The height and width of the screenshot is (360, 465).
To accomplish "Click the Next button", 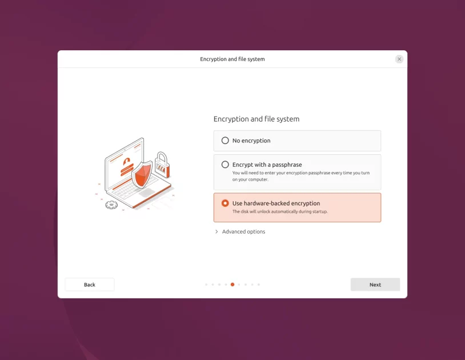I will coord(375,285).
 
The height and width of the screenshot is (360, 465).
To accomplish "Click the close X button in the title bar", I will coord(399,59).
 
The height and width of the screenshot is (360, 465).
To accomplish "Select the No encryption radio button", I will coord(225,141).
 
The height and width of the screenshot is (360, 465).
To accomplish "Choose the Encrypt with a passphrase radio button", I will coord(225,165).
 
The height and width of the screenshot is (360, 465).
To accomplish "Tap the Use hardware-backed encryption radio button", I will coord(225,203).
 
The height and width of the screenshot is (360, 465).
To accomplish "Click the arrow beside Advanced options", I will coord(217,231).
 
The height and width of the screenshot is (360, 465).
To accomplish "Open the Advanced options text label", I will coord(243,231).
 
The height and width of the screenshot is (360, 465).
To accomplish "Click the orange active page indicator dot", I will coord(232,284).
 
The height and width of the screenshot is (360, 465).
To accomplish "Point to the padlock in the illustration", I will coord(162,165).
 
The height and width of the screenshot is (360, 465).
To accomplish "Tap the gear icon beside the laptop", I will coord(111,205).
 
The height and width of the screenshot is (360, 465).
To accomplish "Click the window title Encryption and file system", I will coord(232,59).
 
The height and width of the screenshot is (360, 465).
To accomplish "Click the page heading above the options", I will coord(256,119).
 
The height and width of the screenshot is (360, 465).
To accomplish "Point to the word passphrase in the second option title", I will coord(287,165).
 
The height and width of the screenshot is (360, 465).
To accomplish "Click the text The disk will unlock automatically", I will coord(280,211).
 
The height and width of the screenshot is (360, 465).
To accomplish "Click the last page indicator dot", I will coord(259,284).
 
